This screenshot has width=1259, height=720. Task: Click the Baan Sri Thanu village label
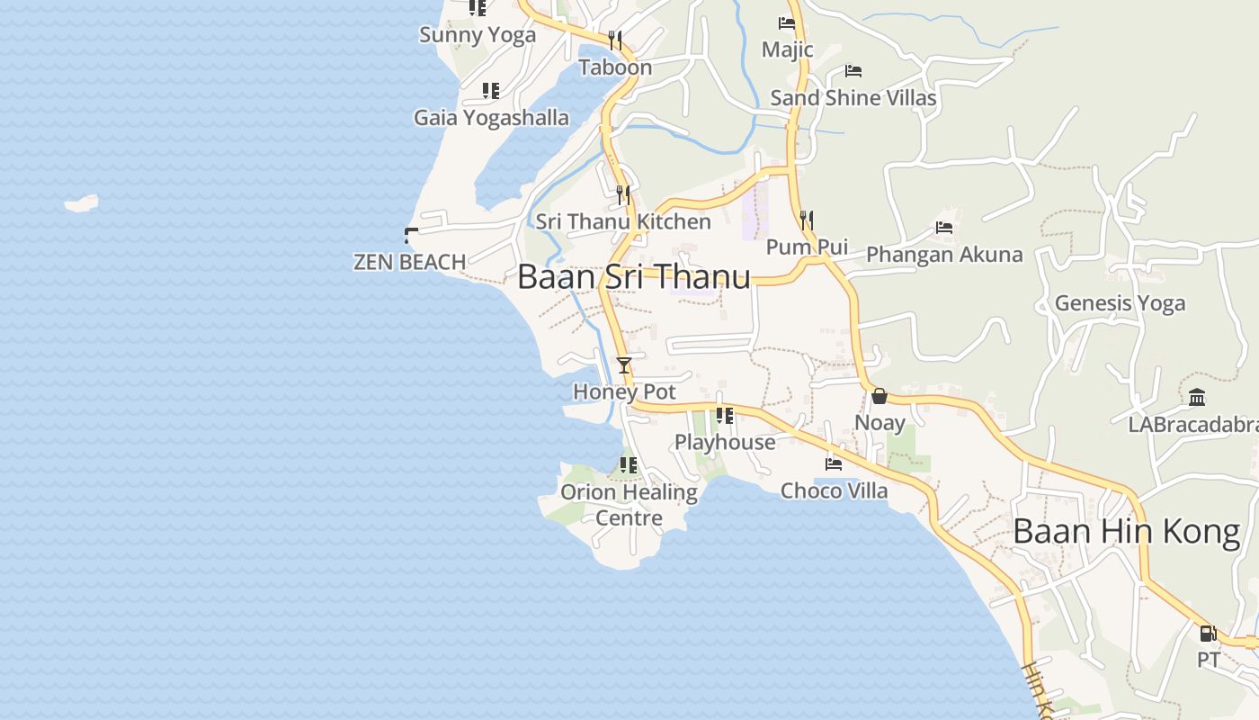(x=634, y=276)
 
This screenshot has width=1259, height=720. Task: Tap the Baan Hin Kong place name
(x=1126, y=532)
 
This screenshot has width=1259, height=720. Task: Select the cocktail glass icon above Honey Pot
(x=624, y=364)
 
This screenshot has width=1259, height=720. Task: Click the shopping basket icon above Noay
(x=880, y=396)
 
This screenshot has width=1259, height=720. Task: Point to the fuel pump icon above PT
(x=1208, y=633)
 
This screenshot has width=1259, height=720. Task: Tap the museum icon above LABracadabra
(x=1197, y=397)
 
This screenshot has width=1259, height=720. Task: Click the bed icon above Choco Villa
(x=834, y=464)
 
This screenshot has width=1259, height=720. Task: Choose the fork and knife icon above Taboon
(x=615, y=40)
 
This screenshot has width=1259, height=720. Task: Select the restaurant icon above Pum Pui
(x=807, y=220)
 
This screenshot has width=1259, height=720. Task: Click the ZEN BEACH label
(x=409, y=262)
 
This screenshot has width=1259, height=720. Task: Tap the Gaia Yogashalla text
(x=491, y=118)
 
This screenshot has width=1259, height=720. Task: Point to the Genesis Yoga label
(x=1120, y=303)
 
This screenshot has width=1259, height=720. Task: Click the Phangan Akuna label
(x=944, y=255)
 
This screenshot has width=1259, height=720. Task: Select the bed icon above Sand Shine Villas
(x=853, y=71)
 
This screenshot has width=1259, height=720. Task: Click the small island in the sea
(x=81, y=204)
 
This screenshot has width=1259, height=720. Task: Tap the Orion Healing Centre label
(x=629, y=505)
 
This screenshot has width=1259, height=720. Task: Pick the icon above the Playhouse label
(x=724, y=416)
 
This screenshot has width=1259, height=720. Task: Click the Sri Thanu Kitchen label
(x=623, y=221)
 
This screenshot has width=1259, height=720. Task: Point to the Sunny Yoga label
(x=478, y=35)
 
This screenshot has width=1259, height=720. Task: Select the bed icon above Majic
(x=787, y=23)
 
